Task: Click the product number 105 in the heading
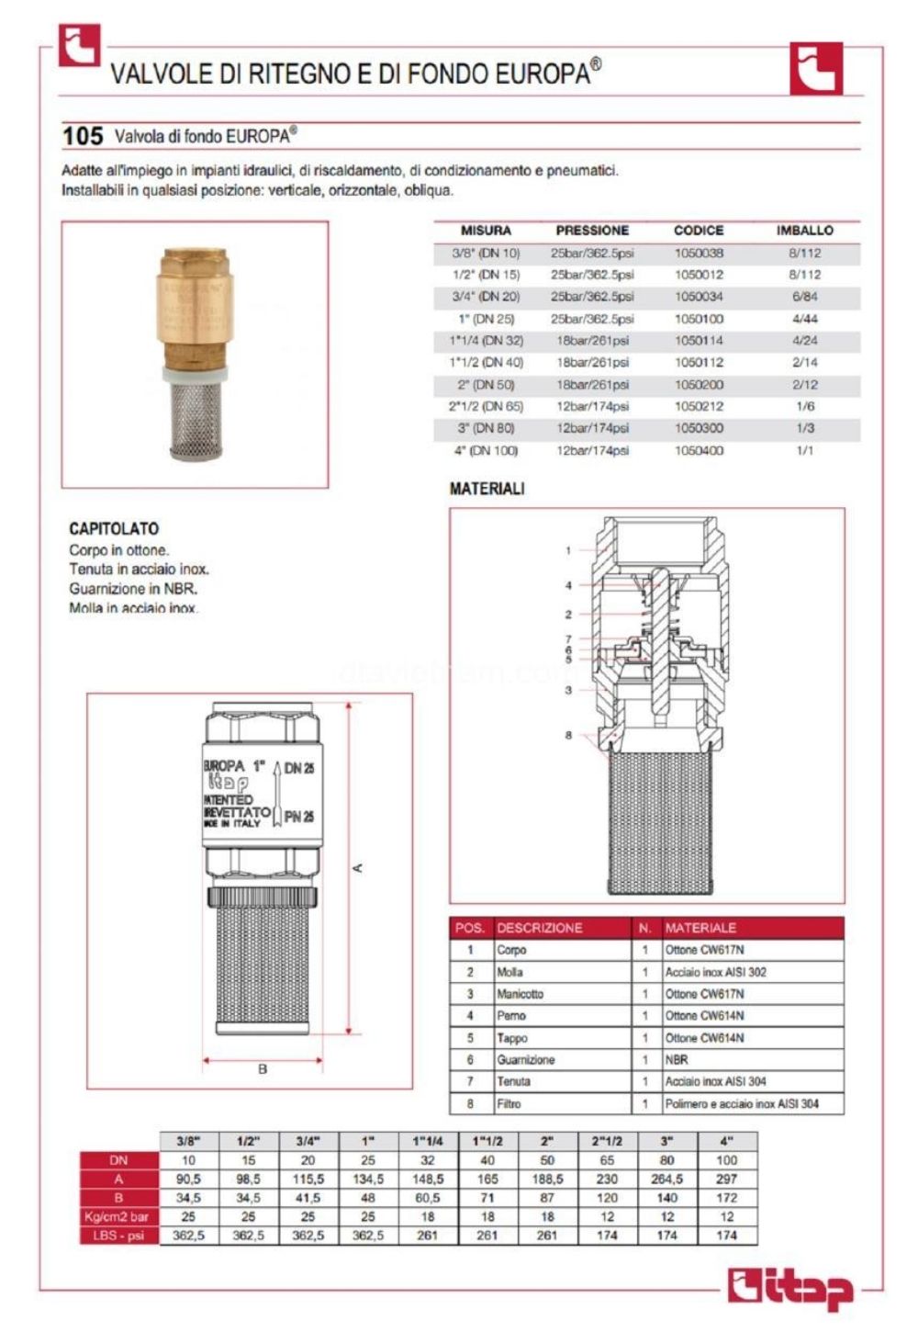pos(83,136)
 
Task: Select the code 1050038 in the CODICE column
pos(699,253)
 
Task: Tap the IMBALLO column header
pos(804,231)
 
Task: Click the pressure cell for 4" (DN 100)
pos(592,450)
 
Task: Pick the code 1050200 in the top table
pos(699,385)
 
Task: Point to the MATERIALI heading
pos(487,489)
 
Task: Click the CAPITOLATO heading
pos(114,528)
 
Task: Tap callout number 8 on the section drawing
pos(568,735)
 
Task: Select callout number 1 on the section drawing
pos(568,551)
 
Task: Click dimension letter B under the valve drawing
pos(263,1069)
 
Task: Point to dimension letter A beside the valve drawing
pos(359,867)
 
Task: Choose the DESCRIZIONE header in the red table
pos(539,928)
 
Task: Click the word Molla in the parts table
pos(509,972)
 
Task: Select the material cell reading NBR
pos(677,1059)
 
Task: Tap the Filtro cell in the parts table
pos(509,1103)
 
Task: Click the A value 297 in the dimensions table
pos(726,1179)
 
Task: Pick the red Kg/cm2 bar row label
pos(118,1216)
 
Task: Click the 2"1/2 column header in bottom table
pos(607,1141)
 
